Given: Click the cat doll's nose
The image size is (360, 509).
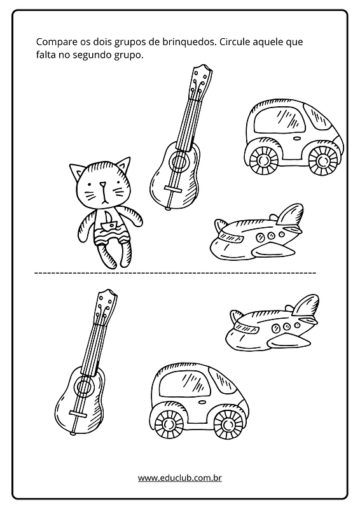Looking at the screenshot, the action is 102,185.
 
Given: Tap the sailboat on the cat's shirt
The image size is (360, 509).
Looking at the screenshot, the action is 109,221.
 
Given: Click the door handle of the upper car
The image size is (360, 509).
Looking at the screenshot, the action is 296,138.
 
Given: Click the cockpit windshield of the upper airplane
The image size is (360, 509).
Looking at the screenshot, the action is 231,237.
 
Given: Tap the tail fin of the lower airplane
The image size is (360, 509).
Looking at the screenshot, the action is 305,305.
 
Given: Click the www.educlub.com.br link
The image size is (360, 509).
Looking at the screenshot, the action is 180,478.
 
